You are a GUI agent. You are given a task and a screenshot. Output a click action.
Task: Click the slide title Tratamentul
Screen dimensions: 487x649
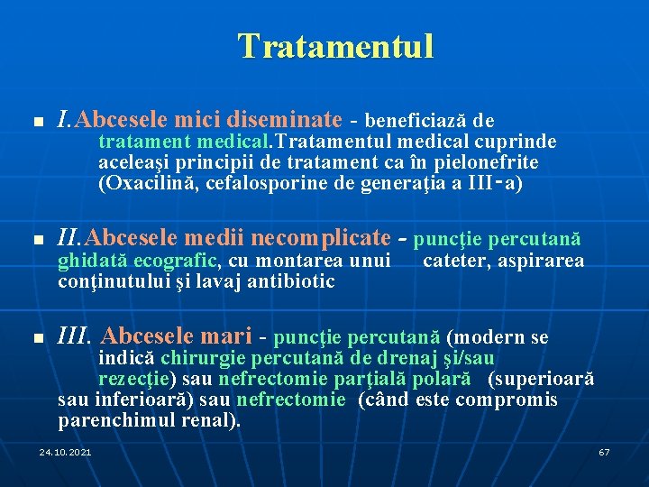tap(335, 46)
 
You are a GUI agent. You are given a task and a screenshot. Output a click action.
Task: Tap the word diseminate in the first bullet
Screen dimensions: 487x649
tap(287, 119)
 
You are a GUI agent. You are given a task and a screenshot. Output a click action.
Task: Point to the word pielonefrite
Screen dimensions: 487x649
tap(489, 162)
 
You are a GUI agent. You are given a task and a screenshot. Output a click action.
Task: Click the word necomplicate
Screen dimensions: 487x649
tap(321, 239)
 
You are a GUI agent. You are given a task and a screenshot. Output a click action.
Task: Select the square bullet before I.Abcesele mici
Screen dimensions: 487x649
tap(36, 121)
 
